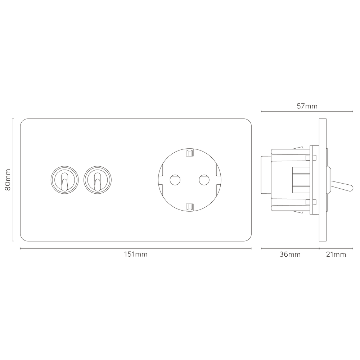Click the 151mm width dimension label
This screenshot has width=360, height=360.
tap(136, 255)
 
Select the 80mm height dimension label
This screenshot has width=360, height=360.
tap(8, 180)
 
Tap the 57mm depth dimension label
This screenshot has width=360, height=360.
tap(307, 106)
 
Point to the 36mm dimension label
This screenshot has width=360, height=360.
tap(290, 255)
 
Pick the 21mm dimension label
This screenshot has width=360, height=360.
tap(336, 255)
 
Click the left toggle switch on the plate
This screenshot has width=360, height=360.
tap(64, 180)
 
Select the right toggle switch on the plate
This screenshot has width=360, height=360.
tap(98, 180)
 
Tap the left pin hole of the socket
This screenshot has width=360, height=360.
tap(175, 180)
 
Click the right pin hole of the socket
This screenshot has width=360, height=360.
tap(204, 180)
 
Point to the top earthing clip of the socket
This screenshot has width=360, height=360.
tap(190, 153)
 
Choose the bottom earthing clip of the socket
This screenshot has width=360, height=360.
tap(190, 207)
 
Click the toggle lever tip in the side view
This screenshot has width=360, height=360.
tap(351, 188)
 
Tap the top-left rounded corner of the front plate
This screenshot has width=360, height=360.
tap(22, 121)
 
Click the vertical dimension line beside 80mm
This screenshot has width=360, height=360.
tap(13, 180)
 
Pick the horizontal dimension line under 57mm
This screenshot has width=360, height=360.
tap(307, 112)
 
